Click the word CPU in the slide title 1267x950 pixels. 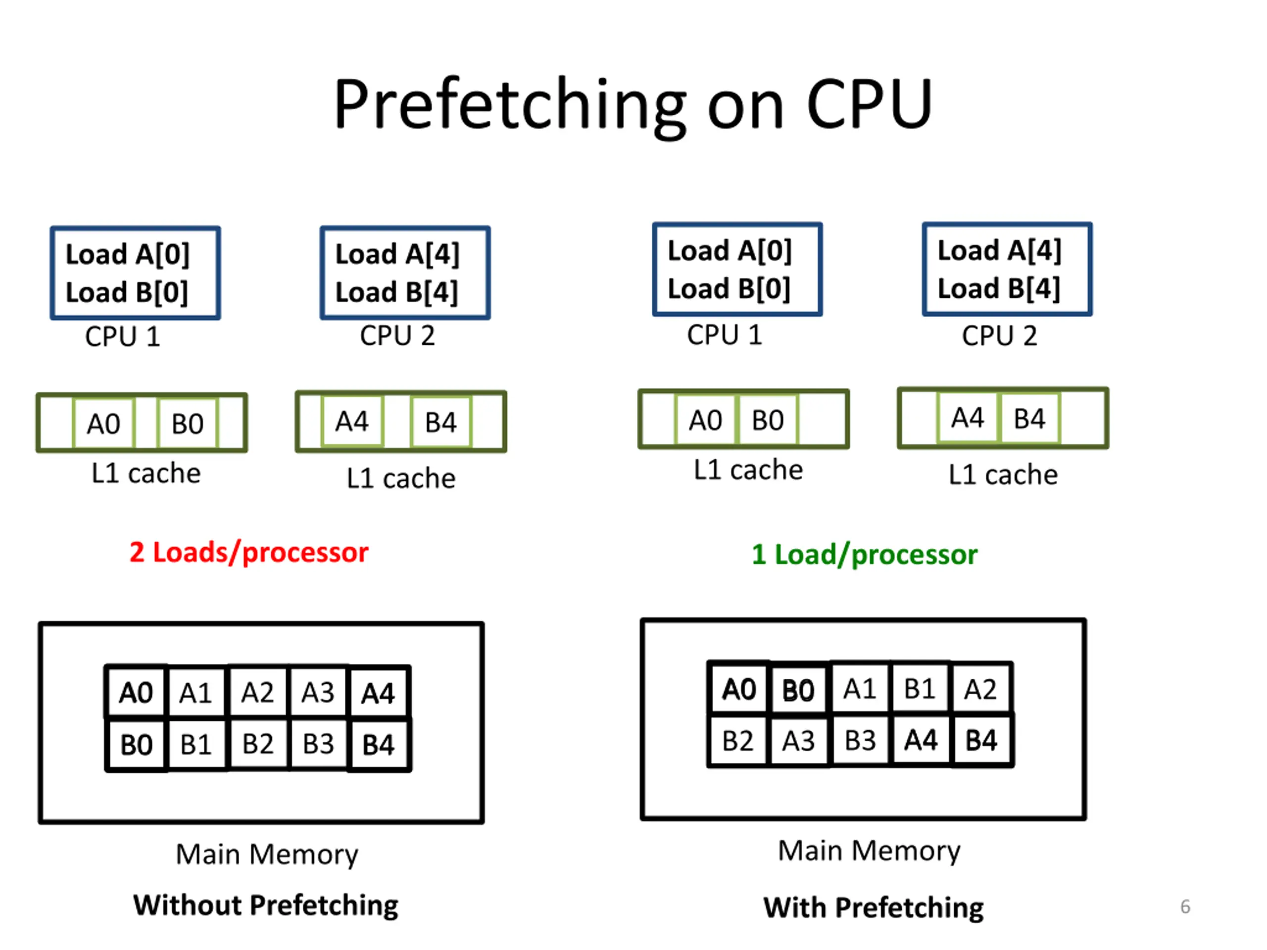(x=870, y=105)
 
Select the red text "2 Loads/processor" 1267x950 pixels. (x=249, y=553)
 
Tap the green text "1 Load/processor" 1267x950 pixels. (x=864, y=555)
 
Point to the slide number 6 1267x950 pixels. (x=1185, y=906)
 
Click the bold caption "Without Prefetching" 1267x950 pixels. (x=266, y=906)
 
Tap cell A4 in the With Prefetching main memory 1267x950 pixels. (x=921, y=740)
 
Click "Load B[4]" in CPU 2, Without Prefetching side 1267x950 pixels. (x=396, y=292)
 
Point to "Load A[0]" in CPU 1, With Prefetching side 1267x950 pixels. (x=730, y=251)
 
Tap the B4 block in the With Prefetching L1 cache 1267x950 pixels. (x=1029, y=419)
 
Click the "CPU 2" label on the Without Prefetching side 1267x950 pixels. (x=397, y=335)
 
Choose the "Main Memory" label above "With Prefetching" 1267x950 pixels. (x=869, y=851)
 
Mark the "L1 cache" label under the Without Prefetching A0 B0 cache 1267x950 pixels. (x=146, y=474)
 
